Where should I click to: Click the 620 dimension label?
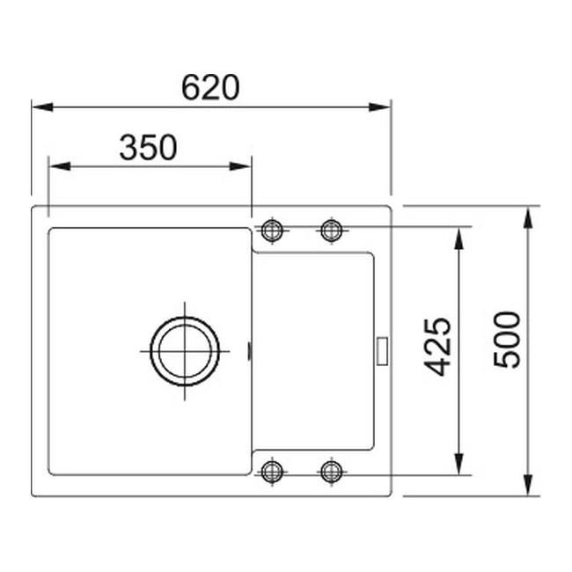click(210, 88)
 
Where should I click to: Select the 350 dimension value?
click(148, 147)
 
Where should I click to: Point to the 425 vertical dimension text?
click(440, 347)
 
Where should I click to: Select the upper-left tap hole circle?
click(273, 231)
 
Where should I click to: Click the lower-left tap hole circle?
click(273, 471)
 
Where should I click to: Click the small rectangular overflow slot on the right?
click(382, 349)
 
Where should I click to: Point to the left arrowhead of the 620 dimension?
click(40, 107)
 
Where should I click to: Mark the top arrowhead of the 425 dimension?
click(458, 236)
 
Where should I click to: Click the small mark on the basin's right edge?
click(252, 351)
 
